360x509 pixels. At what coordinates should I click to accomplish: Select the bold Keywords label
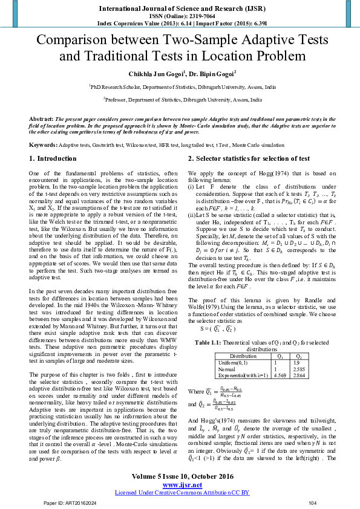point(44,145)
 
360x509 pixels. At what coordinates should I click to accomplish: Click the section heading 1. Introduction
point(53,159)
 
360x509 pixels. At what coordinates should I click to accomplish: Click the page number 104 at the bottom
point(312,503)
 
